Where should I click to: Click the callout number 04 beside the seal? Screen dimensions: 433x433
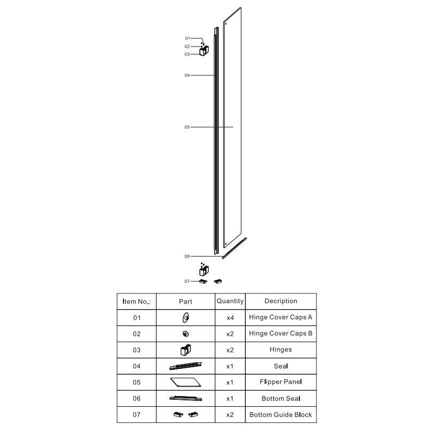click(x=187, y=75)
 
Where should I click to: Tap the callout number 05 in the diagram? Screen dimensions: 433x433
click(x=187, y=127)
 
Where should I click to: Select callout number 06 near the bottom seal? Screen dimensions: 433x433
click(x=187, y=256)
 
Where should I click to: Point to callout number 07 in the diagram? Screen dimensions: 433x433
click(x=187, y=281)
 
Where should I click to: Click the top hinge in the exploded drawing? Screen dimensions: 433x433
click(x=204, y=51)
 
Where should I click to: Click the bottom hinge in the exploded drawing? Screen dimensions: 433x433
click(x=204, y=271)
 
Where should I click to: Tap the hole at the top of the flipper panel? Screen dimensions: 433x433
click(x=226, y=24)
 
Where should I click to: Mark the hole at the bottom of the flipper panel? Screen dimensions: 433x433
click(x=226, y=244)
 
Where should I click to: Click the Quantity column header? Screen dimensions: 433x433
click(x=230, y=301)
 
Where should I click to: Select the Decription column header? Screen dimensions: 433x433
click(x=281, y=301)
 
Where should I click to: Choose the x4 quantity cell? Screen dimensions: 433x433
click(x=230, y=318)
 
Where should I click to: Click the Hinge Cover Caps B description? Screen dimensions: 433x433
click(x=281, y=334)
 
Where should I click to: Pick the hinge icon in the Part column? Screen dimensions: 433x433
click(x=185, y=350)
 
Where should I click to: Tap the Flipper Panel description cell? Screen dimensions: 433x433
click(x=281, y=382)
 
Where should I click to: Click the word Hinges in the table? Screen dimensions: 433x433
click(x=281, y=350)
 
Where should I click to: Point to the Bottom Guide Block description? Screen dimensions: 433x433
click(x=281, y=414)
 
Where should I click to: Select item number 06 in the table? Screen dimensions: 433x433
click(x=137, y=398)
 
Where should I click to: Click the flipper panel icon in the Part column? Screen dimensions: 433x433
click(x=185, y=382)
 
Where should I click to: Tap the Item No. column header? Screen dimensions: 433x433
click(x=137, y=301)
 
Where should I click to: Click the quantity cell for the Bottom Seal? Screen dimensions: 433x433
click(x=230, y=398)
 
